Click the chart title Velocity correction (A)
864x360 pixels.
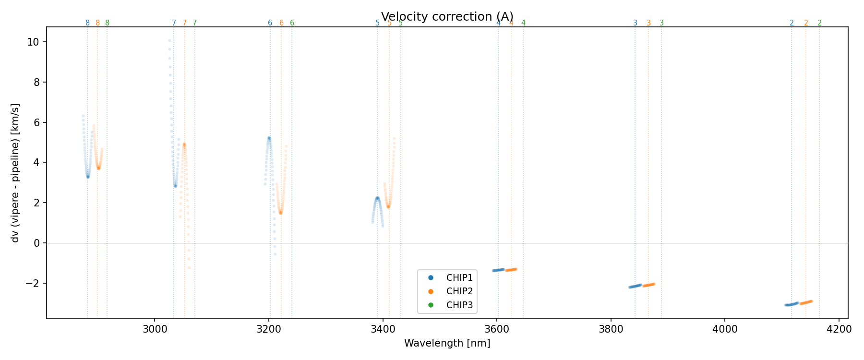447,16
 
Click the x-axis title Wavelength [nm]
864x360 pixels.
447,343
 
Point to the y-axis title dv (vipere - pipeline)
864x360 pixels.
15,172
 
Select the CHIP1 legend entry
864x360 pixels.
459,277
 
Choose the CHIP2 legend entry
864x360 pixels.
459,291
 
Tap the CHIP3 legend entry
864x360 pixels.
459,305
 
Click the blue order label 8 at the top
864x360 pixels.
87,23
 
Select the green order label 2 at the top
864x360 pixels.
819,23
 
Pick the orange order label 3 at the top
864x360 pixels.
648,23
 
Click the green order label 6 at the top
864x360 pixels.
292,23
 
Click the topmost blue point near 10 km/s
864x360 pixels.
169,40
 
